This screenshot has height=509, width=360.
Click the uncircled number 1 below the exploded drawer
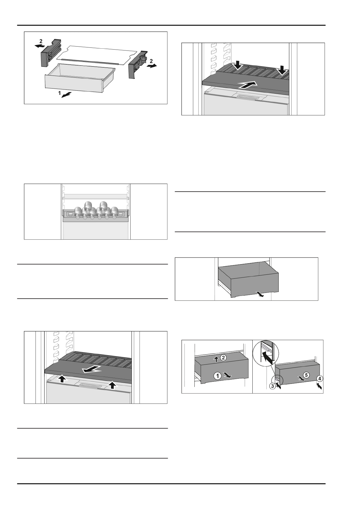pyautogui.click(x=59, y=94)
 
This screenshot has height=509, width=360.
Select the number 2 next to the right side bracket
pyautogui.click(x=151, y=62)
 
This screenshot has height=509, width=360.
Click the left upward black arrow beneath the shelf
pyautogui.click(x=62, y=379)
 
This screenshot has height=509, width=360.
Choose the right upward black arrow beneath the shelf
pyautogui.click(x=113, y=384)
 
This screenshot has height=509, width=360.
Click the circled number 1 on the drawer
pyautogui.click(x=217, y=376)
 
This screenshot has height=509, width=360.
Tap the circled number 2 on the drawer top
pyautogui.click(x=223, y=358)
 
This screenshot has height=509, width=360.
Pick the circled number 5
pyautogui.click(x=306, y=375)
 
